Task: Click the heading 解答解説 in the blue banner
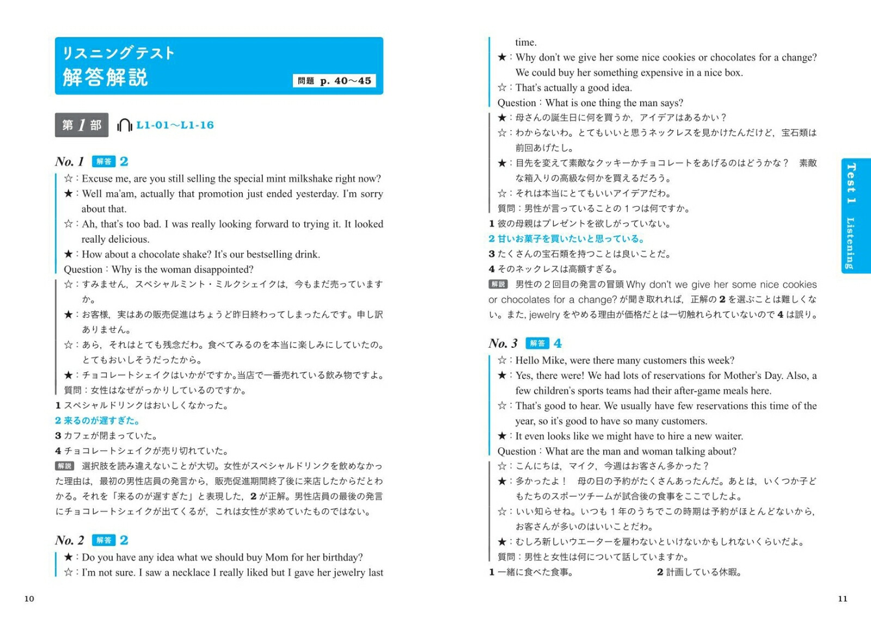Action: pos(105,77)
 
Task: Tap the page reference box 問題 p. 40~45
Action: pos(334,81)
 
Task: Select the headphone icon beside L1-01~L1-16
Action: pos(124,125)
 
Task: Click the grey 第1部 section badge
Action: pos(82,125)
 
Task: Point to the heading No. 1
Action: pos(69,162)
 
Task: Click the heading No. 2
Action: pos(69,540)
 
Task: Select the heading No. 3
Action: pos(502,343)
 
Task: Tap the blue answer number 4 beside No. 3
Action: pos(557,343)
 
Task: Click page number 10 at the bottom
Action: pos(29,599)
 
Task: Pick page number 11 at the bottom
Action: pos(842,599)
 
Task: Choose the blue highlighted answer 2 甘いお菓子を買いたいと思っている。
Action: pos(566,239)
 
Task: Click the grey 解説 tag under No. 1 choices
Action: pos(65,466)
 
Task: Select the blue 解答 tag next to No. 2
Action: pos(103,540)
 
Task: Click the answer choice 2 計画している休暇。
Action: pos(699,572)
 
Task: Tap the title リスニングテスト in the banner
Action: pos(118,53)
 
